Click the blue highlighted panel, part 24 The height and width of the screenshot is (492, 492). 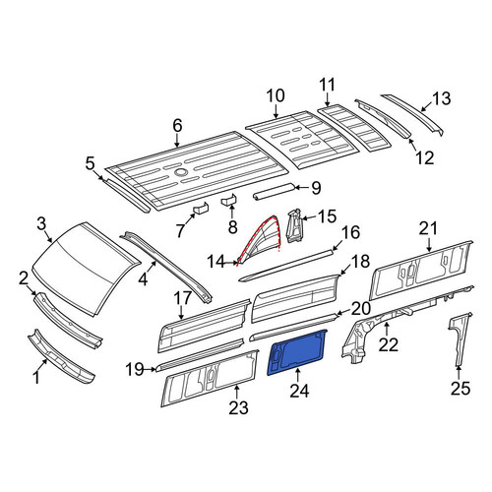[297, 352]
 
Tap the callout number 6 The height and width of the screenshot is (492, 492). [177, 126]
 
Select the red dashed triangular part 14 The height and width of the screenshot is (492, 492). [260, 239]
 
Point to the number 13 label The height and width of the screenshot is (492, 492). [441, 98]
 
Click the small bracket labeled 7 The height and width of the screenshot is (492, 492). [201, 208]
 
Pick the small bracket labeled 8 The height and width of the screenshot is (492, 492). [229, 199]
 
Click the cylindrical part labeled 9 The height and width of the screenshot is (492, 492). [274, 191]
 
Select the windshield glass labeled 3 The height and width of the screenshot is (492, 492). [86, 268]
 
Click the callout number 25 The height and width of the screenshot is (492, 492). [461, 389]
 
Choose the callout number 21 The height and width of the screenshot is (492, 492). [429, 228]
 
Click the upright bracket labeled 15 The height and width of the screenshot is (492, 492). [294, 225]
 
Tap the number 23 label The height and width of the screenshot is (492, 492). [239, 408]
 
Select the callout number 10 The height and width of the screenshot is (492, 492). [276, 96]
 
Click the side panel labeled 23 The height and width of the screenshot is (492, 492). [210, 377]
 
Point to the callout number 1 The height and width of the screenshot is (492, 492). [36, 377]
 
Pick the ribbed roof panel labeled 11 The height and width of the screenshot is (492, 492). [354, 127]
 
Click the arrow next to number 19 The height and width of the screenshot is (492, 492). [151, 370]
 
